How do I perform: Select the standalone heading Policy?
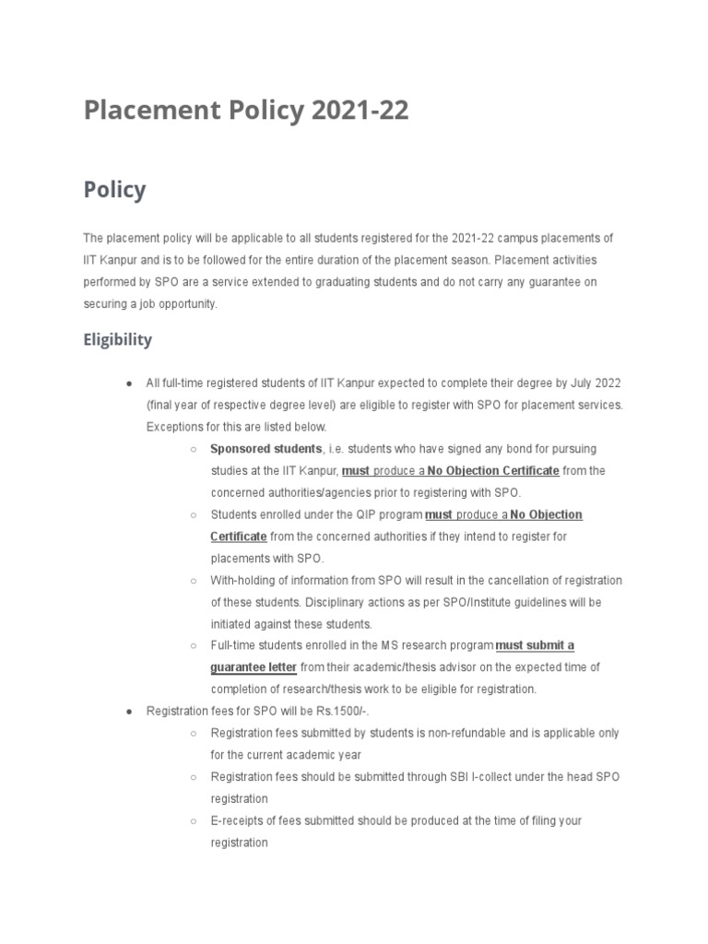pos(114,190)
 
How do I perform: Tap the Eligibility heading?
pos(117,340)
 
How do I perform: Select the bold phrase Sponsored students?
pos(265,449)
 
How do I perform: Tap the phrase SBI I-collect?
pos(484,777)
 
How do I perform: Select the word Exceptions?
pos(175,427)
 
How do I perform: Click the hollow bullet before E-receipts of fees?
pos(193,820)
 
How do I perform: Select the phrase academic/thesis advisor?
pos(407,667)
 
